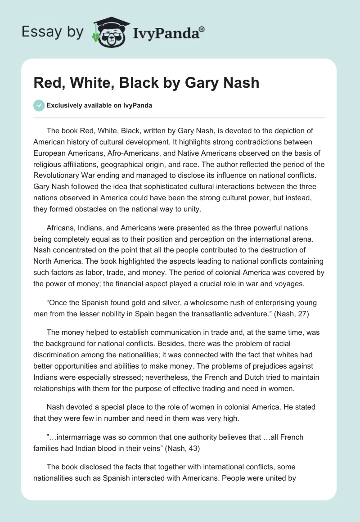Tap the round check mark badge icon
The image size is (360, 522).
point(39,105)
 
